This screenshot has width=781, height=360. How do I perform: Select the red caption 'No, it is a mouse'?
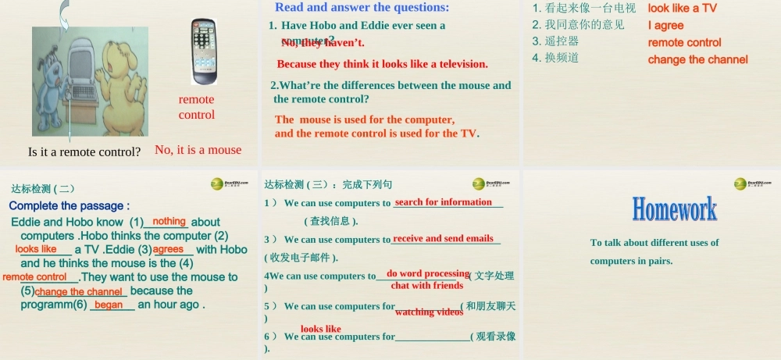coord(198,150)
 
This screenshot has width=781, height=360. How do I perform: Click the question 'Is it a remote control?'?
coord(84,151)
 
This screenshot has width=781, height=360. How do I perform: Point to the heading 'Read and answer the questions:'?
coord(362,8)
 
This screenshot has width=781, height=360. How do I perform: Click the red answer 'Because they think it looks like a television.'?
coord(382,64)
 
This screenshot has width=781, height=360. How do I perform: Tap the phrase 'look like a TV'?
coord(682,9)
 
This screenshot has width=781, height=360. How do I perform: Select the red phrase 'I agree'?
coord(665,26)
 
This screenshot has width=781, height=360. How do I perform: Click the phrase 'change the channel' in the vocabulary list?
coord(697,59)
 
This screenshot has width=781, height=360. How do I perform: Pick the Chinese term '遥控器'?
coord(562,41)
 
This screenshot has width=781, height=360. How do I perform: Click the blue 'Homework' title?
coord(674,209)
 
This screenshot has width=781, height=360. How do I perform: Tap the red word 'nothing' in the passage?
coord(169,222)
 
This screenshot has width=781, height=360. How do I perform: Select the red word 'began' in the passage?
coord(109,305)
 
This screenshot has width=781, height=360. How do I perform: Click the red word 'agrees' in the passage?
coord(168,249)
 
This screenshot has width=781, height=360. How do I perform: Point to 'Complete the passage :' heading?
coord(69,206)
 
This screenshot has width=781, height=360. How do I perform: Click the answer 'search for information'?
coord(444,202)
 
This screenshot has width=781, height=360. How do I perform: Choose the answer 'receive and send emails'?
coord(443,238)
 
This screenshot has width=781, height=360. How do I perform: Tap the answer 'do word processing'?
coord(427,273)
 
